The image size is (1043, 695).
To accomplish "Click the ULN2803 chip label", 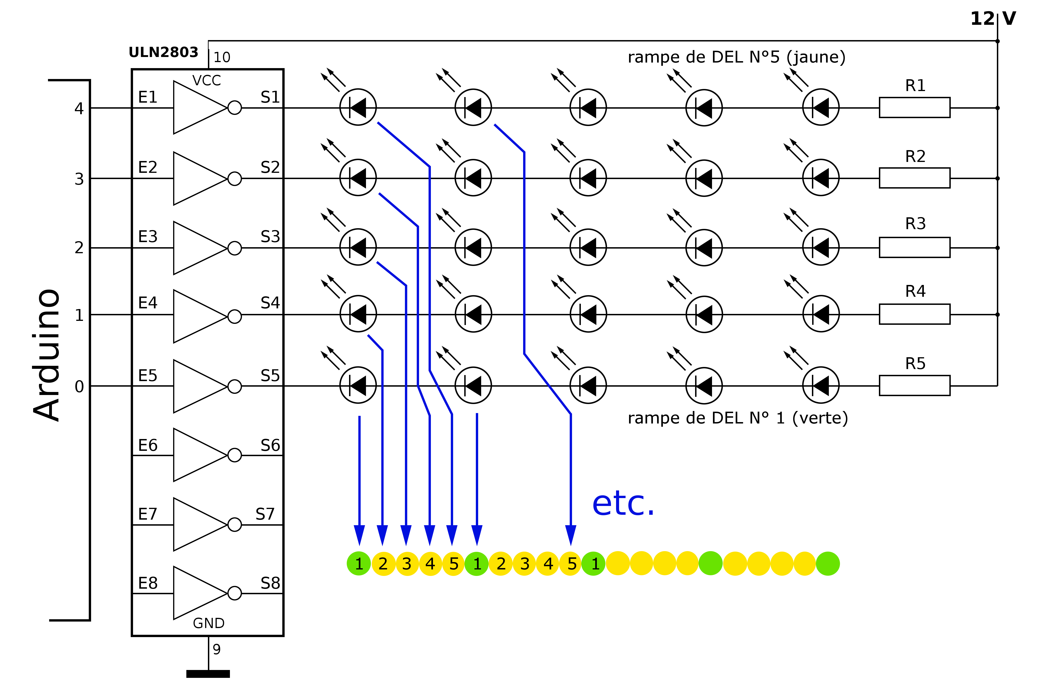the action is tap(163, 52).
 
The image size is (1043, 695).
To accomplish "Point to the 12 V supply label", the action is tap(993, 19).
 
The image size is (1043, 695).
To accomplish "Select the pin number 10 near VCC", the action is tap(222, 57).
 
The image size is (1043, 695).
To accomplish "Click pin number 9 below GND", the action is tap(216, 649).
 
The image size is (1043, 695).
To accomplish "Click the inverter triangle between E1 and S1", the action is tap(200, 107).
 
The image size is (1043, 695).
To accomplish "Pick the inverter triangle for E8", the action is tap(200, 593).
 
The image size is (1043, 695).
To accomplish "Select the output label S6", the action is tap(270, 445).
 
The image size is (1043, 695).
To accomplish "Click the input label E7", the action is tap(148, 514).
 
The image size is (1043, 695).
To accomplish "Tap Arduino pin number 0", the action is tap(79, 386).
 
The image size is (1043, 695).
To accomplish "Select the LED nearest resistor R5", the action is tap(821, 386).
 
